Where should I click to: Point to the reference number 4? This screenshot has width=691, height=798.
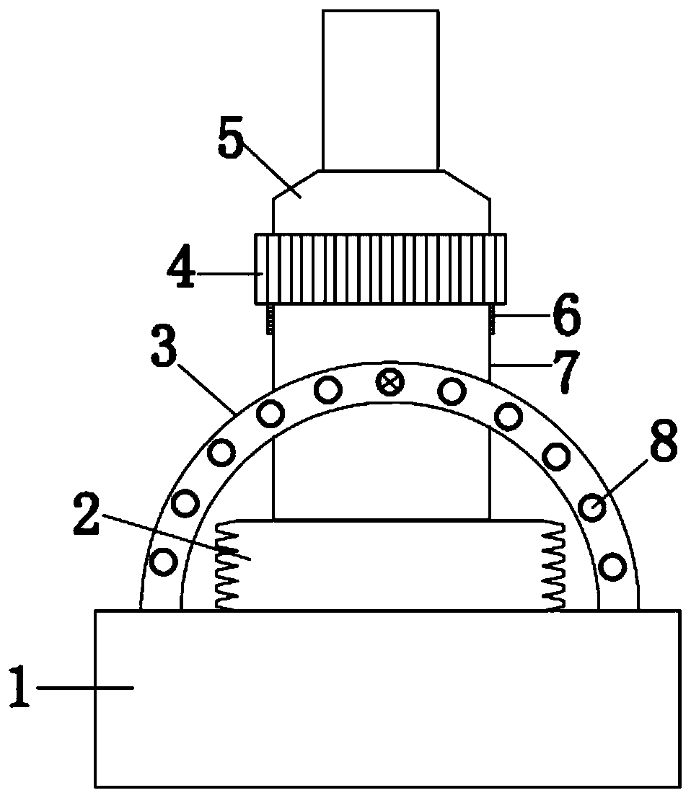coord(180,270)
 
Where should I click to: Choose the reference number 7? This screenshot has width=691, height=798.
coord(565,371)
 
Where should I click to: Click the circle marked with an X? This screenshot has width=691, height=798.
coord(390,382)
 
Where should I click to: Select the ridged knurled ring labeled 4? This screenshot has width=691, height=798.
coord(380,268)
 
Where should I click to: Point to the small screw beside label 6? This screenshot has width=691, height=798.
coord(493,319)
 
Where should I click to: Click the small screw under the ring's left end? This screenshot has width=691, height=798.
coord(270,319)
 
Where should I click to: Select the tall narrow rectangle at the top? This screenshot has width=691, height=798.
coord(380,90)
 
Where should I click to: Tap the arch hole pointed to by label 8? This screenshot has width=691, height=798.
coord(594,508)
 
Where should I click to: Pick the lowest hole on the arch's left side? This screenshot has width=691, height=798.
coord(164,561)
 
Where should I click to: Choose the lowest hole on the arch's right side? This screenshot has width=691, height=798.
coord(612,565)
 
